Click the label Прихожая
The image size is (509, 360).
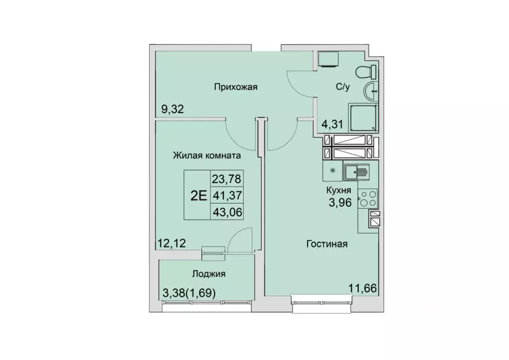point(235,88)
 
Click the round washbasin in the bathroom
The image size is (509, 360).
point(371,92)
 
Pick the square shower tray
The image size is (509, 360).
point(364,118)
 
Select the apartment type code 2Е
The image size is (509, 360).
point(198,194)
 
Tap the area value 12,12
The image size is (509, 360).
point(172,244)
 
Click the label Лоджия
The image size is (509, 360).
point(208,273)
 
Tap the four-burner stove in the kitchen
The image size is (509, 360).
point(368,198)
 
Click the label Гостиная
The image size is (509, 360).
point(326,244)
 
